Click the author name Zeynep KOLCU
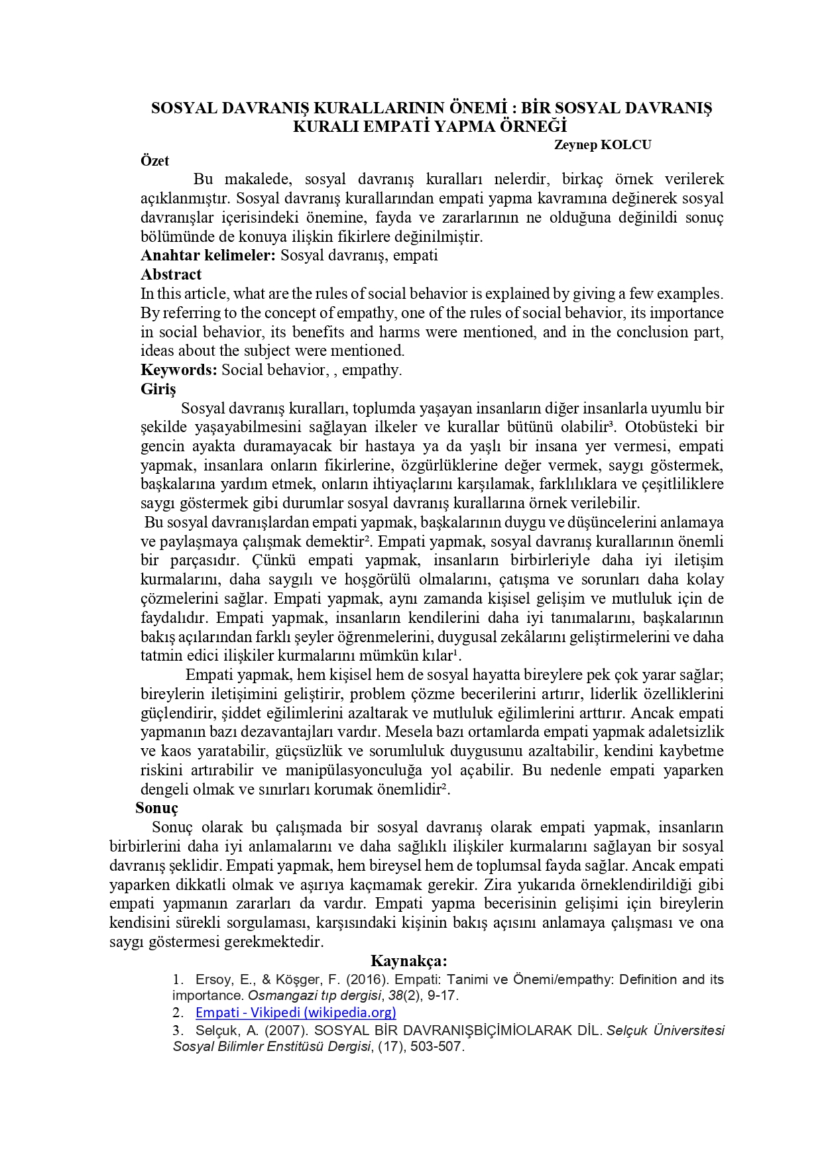coord(602,145)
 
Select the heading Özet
coord(154,160)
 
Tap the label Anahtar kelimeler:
coord(207,255)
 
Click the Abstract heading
coord(171,274)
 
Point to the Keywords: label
coord(178,370)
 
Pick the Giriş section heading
coord(158,389)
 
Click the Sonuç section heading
coord(156,808)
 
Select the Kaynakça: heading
coord(408,961)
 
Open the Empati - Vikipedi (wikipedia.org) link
coord(296,1012)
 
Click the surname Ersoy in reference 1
coord(212,979)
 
